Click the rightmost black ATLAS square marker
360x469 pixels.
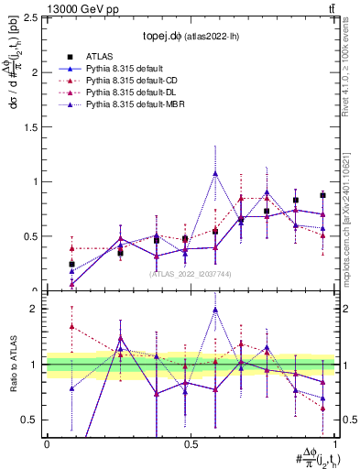(x=322, y=195)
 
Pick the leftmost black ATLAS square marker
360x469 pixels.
(x=71, y=264)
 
